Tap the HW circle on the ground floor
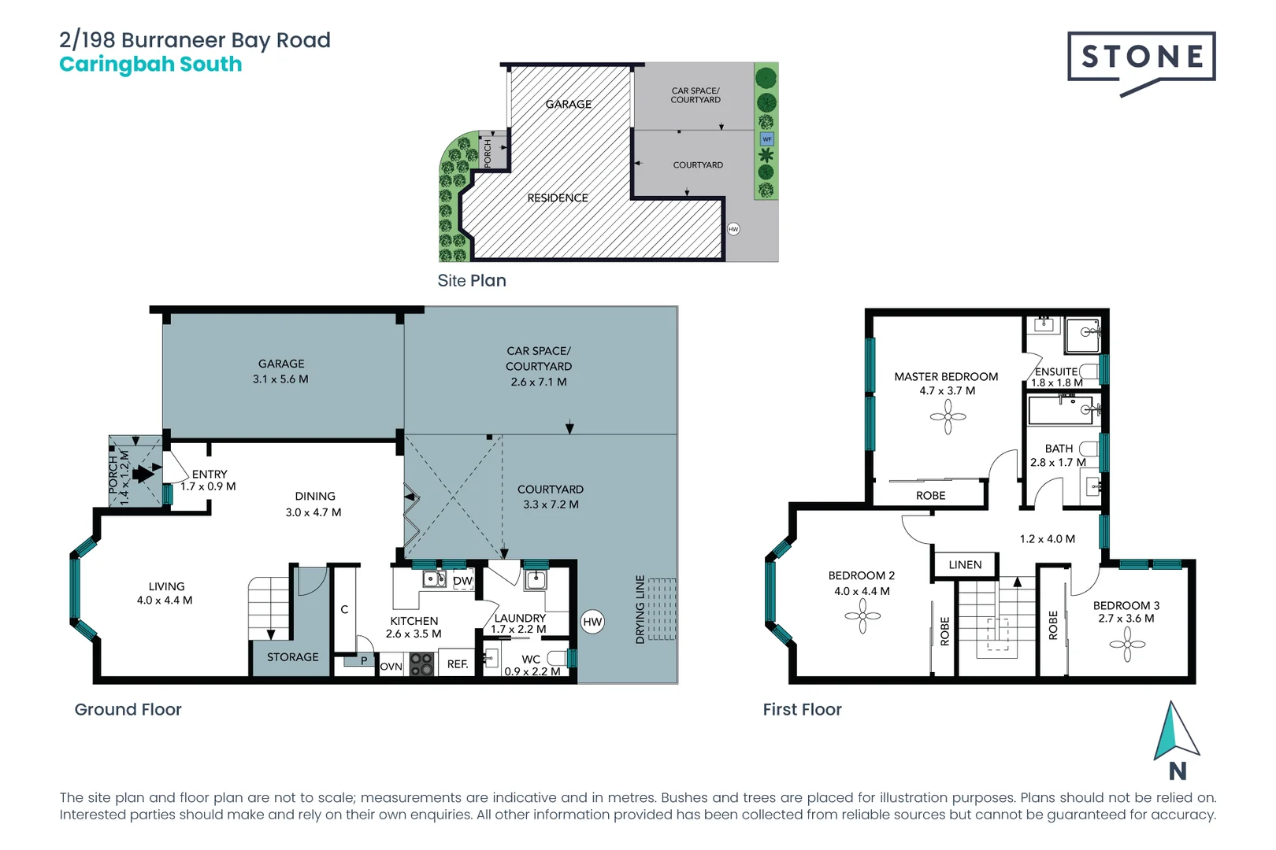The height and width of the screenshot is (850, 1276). tap(592, 622)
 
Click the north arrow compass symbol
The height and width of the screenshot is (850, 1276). tap(1176, 732)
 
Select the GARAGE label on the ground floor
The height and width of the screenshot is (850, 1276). tap(281, 364)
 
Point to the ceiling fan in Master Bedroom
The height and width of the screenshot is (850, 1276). tap(948, 417)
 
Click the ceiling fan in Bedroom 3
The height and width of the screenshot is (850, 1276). tap(1127, 645)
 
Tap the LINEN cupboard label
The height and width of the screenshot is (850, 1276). tap(965, 565)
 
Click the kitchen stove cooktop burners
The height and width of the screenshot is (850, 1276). tap(421, 666)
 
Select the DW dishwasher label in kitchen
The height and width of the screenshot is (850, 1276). tap(462, 581)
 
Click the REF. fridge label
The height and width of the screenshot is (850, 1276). tap(458, 664)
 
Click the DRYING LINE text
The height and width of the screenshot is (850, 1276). tap(640, 609)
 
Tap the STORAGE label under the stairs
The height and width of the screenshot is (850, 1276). tap(292, 657)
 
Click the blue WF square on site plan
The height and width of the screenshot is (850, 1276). tap(766, 139)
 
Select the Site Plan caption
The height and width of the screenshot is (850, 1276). tap(472, 281)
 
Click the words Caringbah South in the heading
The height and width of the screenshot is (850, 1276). tap(150, 65)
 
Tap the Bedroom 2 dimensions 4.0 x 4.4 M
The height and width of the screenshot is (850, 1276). tap(862, 591)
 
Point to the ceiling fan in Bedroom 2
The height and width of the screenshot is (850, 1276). tap(862, 616)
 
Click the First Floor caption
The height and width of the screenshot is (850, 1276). tap(802, 710)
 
